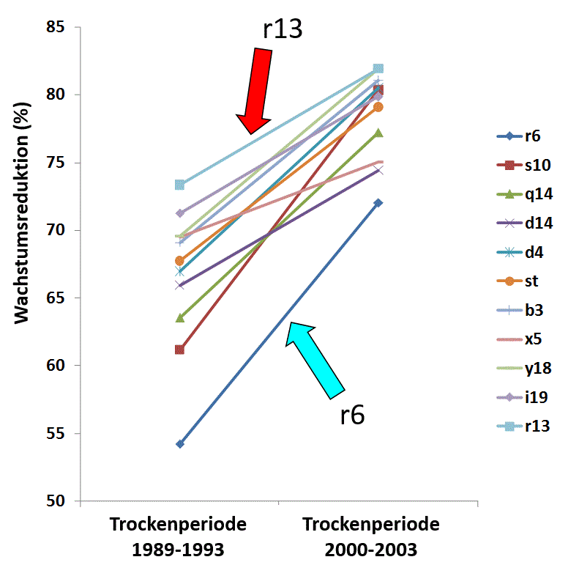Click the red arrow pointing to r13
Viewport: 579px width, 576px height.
coord(255,92)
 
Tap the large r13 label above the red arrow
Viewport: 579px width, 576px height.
coord(283,29)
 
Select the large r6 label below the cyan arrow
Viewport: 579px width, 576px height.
coord(352,415)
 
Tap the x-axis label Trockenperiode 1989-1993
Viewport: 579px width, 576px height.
coord(179,536)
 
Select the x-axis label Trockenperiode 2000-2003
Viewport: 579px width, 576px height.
coord(370,536)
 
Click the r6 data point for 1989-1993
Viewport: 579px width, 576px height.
coord(179,444)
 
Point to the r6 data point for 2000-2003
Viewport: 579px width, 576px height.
coord(378,203)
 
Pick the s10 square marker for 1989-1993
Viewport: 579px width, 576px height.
coord(179,350)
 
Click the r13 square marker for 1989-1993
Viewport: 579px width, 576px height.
coord(179,185)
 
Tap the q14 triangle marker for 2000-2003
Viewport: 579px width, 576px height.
coord(378,133)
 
